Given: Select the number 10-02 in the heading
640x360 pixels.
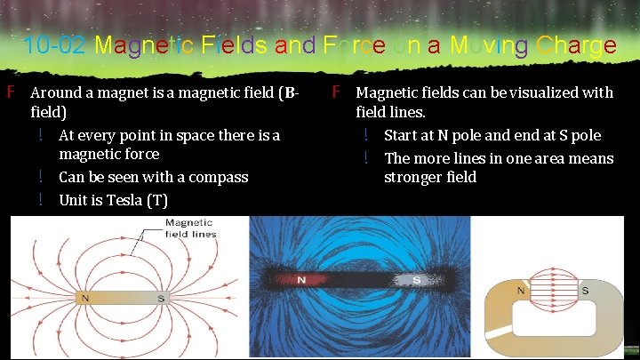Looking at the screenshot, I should [x=55, y=45].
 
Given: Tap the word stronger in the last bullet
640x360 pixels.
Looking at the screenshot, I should [x=413, y=177].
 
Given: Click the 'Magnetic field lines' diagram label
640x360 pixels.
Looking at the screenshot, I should [x=190, y=228].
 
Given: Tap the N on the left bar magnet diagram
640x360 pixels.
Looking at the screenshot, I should [x=85, y=299].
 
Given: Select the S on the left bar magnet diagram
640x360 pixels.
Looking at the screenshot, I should [x=160, y=299].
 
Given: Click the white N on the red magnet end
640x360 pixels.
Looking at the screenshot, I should [x=300, y=280].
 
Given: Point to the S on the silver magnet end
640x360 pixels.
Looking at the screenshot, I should [x=417, y=280].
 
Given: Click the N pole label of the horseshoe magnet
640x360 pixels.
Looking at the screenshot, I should [x=522, y=290].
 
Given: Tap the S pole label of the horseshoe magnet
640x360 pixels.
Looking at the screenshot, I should [x=585, y=290].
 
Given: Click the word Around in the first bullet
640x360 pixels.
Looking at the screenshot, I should [x=54, y=92].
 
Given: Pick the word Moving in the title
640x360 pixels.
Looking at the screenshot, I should [x=478, y=45].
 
